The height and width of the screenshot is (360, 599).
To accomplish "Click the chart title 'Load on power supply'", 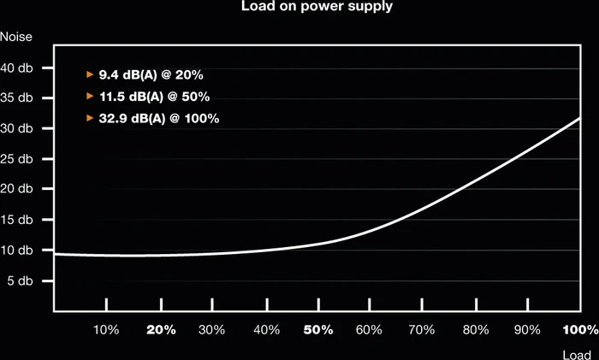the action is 317,7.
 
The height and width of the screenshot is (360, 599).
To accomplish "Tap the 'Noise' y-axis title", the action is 16,37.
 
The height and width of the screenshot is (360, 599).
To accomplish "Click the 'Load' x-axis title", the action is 577,355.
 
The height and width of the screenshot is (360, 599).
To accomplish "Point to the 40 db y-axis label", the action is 16,68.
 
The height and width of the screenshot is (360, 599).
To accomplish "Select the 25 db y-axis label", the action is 16,158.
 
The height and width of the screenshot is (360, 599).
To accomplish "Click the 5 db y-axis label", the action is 20,281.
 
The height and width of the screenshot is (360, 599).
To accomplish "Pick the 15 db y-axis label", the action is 16,220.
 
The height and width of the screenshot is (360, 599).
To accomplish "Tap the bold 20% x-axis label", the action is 161,330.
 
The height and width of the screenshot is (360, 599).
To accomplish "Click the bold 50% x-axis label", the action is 318,330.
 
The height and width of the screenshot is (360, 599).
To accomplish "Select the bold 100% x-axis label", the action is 581,330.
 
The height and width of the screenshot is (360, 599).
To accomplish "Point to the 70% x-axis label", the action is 422,330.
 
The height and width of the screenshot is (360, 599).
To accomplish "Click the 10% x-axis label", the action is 106,330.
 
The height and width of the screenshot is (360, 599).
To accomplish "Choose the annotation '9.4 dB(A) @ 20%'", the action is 151,75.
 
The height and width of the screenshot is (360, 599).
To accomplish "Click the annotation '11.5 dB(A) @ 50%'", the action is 154,97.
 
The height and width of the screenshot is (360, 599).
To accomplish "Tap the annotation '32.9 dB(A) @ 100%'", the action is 159,118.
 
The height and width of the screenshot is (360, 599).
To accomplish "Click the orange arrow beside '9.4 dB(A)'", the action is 90,74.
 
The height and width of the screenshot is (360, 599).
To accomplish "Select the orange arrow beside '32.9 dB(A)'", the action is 90,118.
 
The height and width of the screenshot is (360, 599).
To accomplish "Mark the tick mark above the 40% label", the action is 267,304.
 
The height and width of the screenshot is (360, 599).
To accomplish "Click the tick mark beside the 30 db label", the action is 48,128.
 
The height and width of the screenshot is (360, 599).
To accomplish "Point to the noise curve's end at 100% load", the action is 579,119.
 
